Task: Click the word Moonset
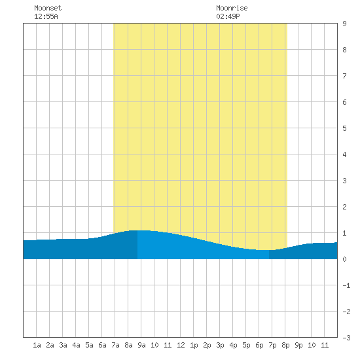click(x=48, y=8)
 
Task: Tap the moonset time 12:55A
click(x=46, y=16)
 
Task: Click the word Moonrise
click(x=232, y=8)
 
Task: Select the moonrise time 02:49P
click(x=228, y=16)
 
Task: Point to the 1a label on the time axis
click(x=37, y=345)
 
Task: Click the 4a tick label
click(x=76, y=345)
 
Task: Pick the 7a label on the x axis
click(x=115, y=345)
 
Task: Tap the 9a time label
click(x=141, y=345)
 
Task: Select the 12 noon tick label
click(x=181, y=345)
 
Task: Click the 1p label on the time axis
click(x=194, y=345)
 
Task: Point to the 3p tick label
click(x=220, y=345)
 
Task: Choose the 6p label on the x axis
click(x=259, y=345)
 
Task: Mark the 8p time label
click(x=285, y=345)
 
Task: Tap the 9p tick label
click(x=298, y=345)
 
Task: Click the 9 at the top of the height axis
click(x=344, y=24)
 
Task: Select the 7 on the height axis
click(x=344, y=76)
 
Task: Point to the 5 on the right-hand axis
click(x=344, y=128)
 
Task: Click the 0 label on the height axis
click(x=344, y=259)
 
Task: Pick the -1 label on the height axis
click(x=346, y=285)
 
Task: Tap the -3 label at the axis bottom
click(x=346, y=338)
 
